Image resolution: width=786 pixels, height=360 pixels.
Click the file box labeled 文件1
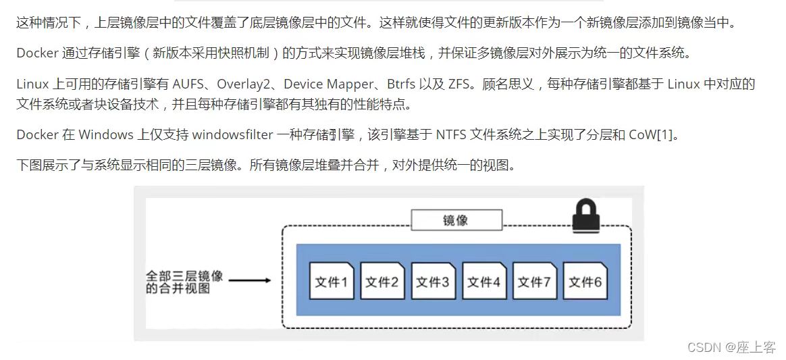331,281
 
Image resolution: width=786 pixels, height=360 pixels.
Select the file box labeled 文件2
382,281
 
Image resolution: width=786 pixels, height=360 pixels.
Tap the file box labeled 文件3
432,281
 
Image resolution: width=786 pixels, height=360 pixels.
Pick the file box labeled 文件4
483,281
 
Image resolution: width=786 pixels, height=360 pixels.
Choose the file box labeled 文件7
534,281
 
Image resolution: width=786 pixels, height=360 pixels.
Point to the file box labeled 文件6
585,281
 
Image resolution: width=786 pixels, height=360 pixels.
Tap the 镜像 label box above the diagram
456,220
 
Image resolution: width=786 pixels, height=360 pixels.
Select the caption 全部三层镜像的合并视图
184,282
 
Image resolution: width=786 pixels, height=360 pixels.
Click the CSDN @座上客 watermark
731,347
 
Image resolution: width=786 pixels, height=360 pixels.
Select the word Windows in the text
105,134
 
